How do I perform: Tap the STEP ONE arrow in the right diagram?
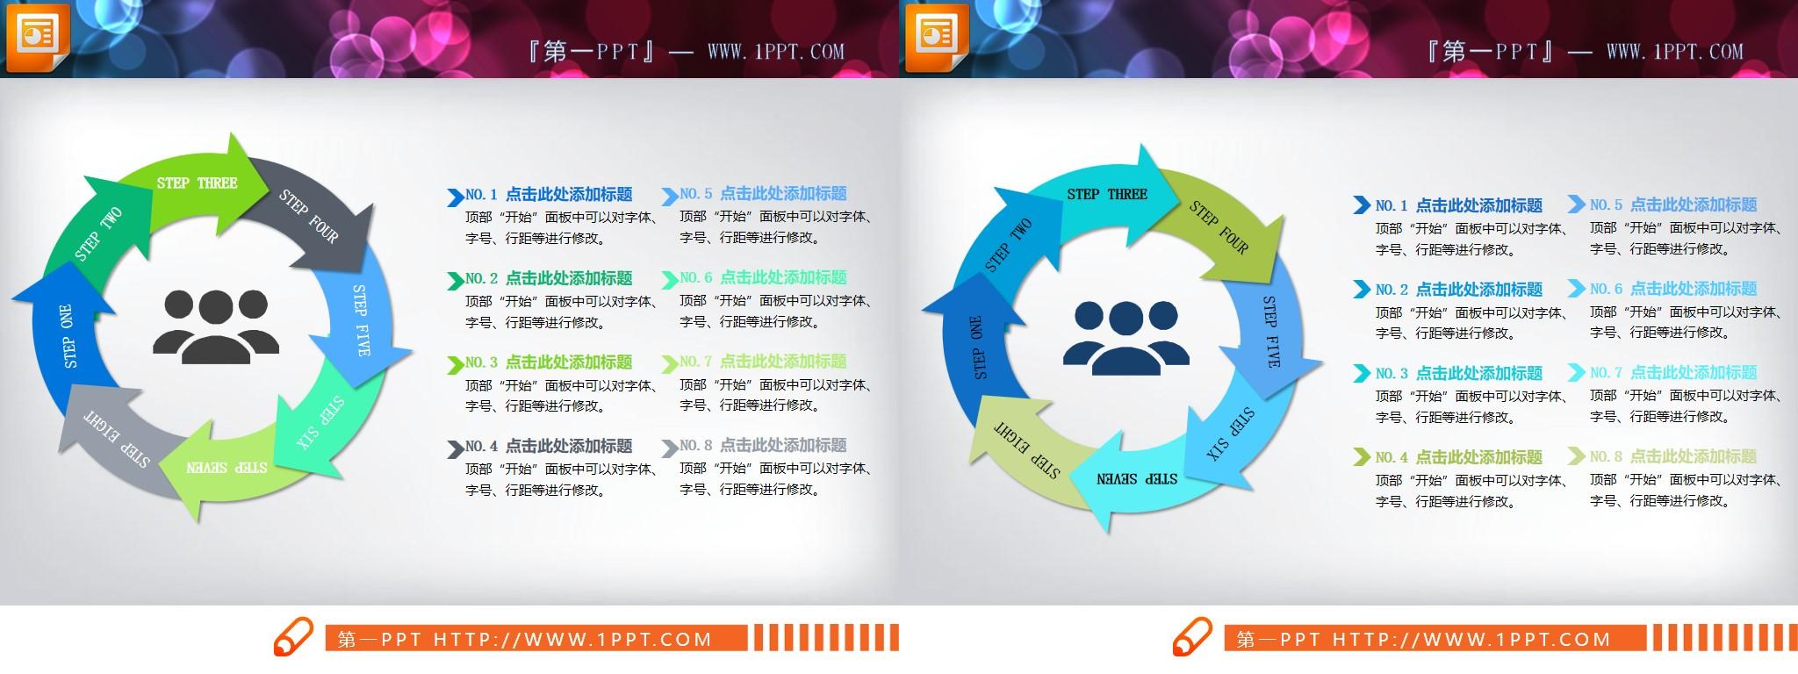pos(976,347)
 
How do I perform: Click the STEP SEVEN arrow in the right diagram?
pos(1136,480)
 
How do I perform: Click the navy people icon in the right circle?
pos(1126,334)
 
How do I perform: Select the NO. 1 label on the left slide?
pos(481,195)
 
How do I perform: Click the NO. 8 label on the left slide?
pos(695,446)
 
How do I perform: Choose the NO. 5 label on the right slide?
pos(1606,205)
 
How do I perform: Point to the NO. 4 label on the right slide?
pos(1392,457)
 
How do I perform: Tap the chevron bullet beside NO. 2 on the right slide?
pos(1361,289)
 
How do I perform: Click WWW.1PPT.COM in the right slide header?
pos(1674,52)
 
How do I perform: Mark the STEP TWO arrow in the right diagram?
pos(1008,246)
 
